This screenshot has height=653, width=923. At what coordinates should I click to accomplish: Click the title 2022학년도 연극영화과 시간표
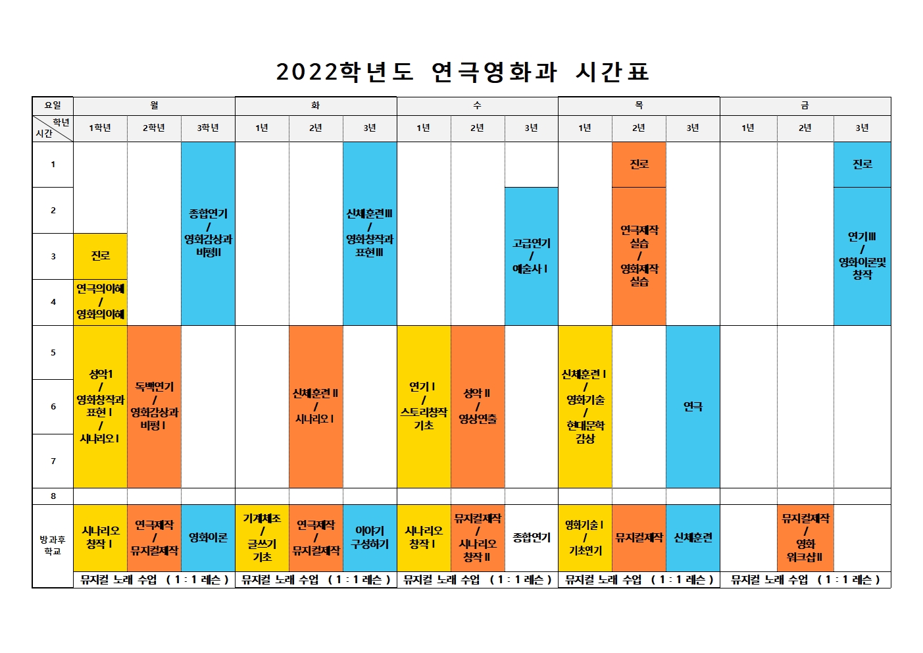[462, 72]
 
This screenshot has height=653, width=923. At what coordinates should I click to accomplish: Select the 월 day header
[154, 105]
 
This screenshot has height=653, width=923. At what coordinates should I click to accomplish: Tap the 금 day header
[805, 105]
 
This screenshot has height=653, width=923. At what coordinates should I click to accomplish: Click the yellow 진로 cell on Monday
[100, 256]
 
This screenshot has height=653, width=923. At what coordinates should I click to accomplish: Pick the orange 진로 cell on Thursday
[639, 165]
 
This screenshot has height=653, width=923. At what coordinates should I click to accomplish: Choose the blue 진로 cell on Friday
[862, 165]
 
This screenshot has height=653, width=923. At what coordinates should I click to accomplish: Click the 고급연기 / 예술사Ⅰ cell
[531, 256]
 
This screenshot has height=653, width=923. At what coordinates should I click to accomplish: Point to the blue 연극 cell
[693, 407]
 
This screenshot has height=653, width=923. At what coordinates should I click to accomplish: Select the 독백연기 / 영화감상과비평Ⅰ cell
[154, 406]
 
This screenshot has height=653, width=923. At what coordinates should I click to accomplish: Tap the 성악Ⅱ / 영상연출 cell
[478, 406]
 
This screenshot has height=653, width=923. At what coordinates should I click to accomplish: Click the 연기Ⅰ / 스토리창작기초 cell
[424, 406]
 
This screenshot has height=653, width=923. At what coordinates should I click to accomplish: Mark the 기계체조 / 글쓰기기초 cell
[262, 538]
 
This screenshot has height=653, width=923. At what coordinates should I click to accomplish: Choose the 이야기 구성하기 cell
[370, 538]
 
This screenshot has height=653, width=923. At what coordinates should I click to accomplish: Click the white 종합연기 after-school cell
[531, 538]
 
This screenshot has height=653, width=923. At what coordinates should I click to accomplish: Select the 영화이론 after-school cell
[208, 538]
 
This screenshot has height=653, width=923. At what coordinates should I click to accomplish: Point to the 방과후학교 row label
[53, 545]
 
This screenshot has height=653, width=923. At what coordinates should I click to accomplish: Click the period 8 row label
[53, 496]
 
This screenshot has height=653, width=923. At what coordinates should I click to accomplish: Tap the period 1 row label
[53, 165]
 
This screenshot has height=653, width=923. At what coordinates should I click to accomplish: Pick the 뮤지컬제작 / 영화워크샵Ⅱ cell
[805, 538]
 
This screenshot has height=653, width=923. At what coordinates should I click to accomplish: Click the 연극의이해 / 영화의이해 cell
[100, 302]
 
